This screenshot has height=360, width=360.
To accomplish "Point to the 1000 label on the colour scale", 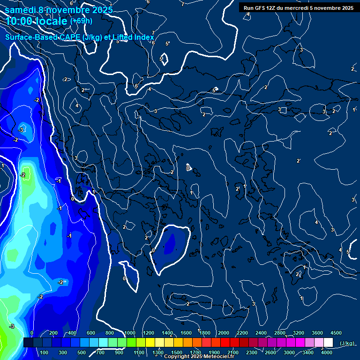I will click(x=130, y=333).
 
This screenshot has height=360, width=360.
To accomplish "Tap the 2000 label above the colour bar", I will click(x=224, y=333).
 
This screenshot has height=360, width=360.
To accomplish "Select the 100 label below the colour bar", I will click(x=44, y=352).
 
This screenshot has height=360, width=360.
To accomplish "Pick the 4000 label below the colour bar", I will click(x=327, y=352).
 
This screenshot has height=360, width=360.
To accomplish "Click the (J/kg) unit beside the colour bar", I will click(x=346, y=344).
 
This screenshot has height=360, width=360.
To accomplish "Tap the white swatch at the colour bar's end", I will click(x=328, y=343).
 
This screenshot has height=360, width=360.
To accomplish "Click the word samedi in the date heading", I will click(x=22, y=10).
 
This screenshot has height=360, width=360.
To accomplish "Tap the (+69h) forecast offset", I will click(x=81, y=21).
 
